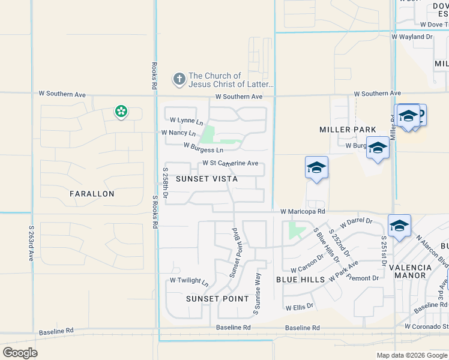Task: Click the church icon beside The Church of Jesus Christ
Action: point(179,79)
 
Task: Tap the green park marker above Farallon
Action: point(121,111)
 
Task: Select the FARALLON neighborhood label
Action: point(92,194)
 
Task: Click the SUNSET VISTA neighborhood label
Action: point(206,179)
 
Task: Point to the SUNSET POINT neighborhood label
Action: point(217,298)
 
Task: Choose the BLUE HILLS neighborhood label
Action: point(300,280)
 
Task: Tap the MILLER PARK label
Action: point(348,130)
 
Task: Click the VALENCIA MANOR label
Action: point(410,272)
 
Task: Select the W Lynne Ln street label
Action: point(186,121)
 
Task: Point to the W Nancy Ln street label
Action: point(178,133)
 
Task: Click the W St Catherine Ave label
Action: point(230,163)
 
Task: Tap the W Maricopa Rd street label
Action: point(303,212)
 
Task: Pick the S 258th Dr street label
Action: point(165,183)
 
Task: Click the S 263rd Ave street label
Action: point(31,242)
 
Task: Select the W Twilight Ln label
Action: point(189,281)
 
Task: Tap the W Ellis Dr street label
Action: point(300,306)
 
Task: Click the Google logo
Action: point(20,352)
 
